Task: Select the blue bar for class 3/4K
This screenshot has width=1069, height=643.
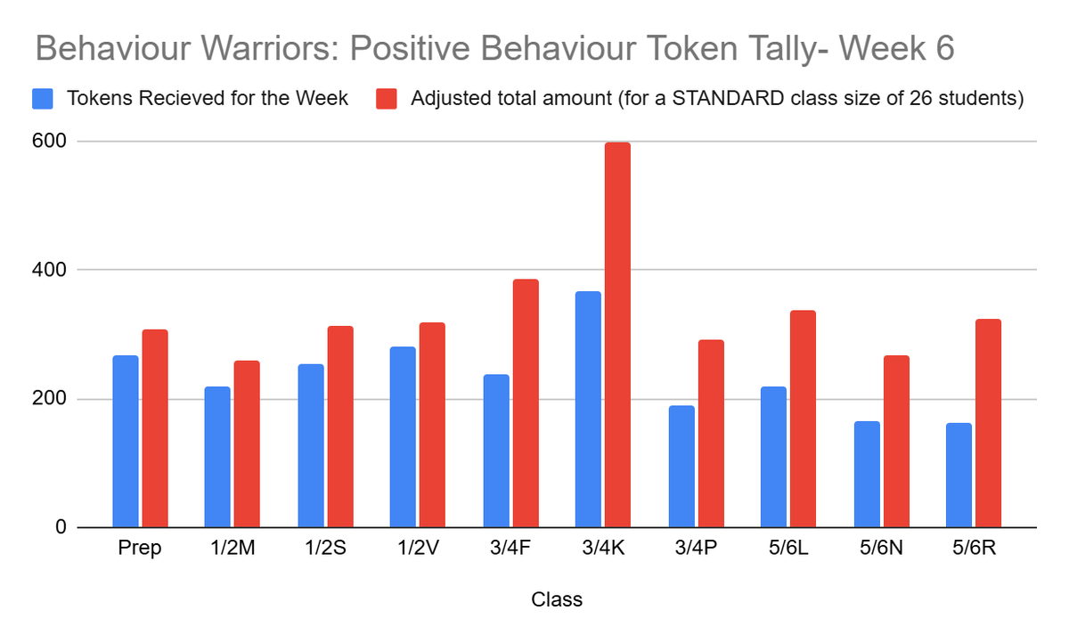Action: [588, 409]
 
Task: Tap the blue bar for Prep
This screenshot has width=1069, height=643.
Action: [126, 441]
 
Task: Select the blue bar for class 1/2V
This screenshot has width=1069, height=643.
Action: [403, 436]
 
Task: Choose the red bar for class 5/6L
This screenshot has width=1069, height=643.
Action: [803, 419]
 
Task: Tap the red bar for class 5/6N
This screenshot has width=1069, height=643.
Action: [895, 441]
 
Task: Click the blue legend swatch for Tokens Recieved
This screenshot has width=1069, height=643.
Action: [43, 98]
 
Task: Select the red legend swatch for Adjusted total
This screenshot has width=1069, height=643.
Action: [387, 98]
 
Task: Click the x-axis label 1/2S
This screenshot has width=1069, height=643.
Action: [325, 549]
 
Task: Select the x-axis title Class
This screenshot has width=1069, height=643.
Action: [557, 599]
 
